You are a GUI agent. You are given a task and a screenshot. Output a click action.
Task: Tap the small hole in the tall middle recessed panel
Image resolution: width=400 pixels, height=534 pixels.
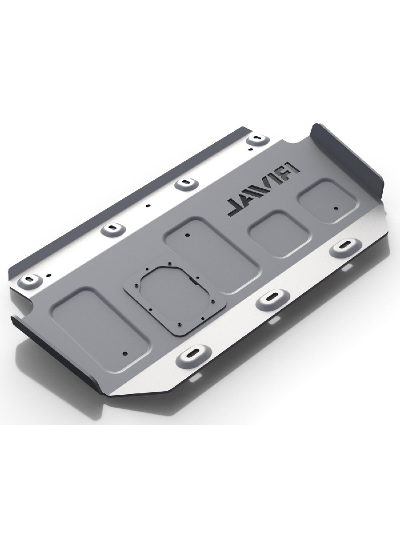187,235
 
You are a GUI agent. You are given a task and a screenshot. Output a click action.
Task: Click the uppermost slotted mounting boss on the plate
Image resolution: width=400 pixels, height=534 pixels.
258,140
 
